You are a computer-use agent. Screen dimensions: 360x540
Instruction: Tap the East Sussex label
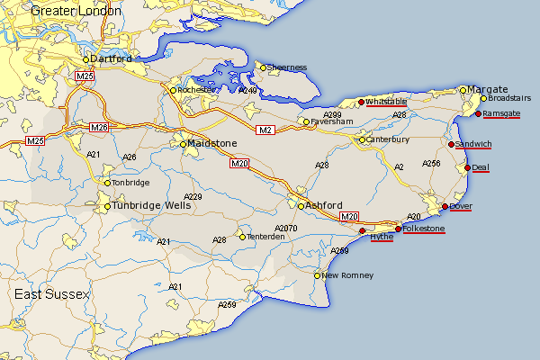(x=52, y=295)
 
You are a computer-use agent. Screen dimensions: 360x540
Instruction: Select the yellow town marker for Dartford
(x=86, y=59)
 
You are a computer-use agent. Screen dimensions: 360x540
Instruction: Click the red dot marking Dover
(x=445, y=207)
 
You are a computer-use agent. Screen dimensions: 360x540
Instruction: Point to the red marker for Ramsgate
(x=478, y=113)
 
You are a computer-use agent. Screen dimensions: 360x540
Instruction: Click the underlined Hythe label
(x=382, y=236)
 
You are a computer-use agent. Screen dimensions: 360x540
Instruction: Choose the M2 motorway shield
(x=265, y=130)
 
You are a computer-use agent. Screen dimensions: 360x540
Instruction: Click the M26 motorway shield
(x=99, y=127)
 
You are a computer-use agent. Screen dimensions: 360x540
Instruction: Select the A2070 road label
(x=285, y=229)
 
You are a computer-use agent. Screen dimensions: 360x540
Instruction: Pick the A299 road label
(x=332, y=115)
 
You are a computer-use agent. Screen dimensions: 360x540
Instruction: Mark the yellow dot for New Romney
(x=318, y=275)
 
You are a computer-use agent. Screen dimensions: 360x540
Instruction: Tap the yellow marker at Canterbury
(x=363, y=139)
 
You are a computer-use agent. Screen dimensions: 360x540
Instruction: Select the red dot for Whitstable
(x=361, y=102)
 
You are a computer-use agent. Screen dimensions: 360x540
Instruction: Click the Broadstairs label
(x=509, y=98)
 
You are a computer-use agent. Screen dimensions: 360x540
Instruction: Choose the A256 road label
(x=430, y=163)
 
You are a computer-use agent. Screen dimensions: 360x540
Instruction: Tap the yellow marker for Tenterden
(x=242, y=237)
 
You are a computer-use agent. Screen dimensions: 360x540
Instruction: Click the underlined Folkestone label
(x=424, y=229)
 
